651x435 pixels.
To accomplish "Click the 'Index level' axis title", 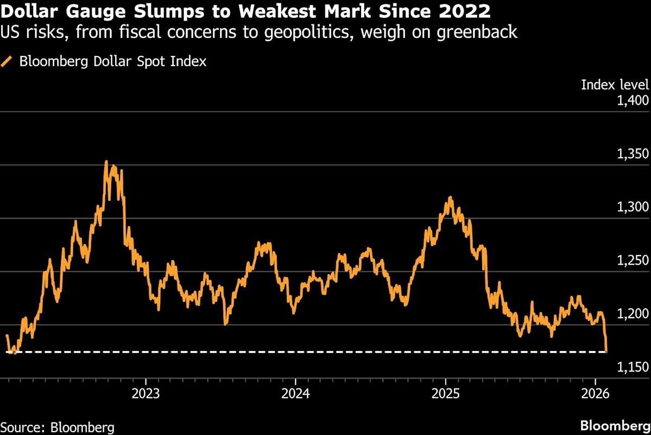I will [615, 85].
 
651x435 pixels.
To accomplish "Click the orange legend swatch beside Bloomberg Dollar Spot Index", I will [7, 61].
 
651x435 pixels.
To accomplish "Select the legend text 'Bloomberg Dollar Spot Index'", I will [112, 61].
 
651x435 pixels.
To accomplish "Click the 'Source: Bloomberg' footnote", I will [58, 427].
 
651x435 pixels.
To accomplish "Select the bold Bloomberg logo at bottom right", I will [615, 425].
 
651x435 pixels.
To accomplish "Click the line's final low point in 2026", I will [606, 351].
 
